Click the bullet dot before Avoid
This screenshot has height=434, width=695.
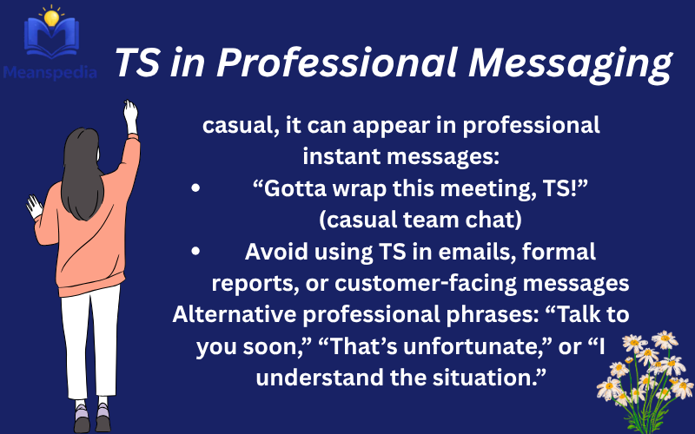pos(199,253)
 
